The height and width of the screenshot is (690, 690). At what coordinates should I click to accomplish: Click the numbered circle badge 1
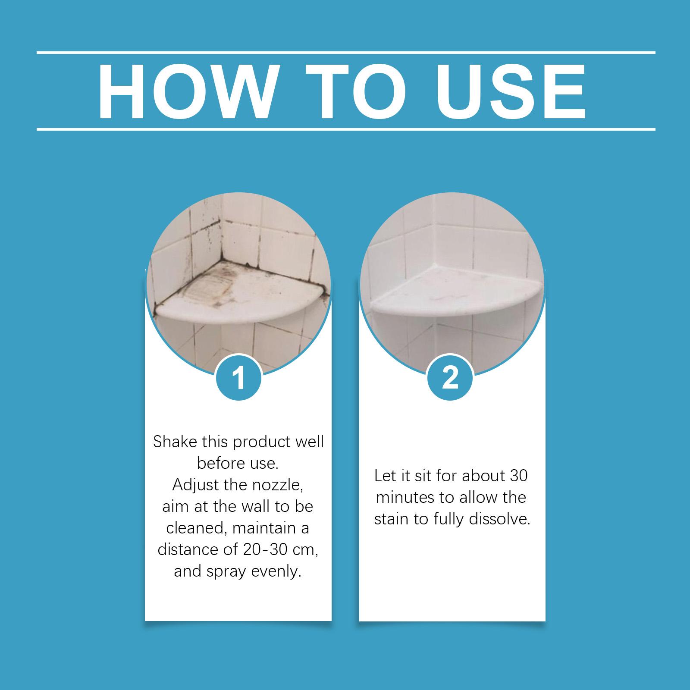click(x=238, y=378)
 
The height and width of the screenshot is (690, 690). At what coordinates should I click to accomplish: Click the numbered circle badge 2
click(x=450, y=378)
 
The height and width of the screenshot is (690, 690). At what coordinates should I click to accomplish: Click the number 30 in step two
click(x=518, y=476)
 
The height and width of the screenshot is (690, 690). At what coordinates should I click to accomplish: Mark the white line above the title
click(x=346, y=53)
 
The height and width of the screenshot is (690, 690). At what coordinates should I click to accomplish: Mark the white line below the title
click(x=346, y=129)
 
